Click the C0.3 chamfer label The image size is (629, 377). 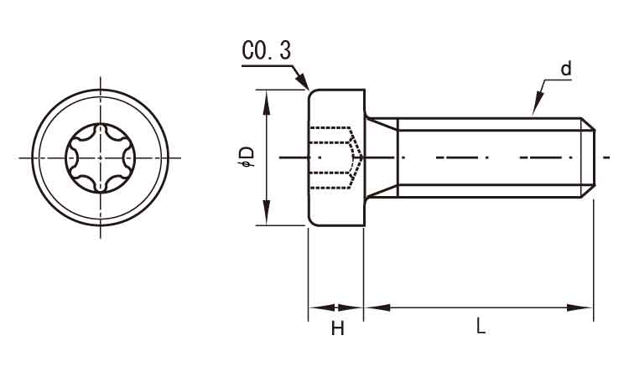[x=267, y=51]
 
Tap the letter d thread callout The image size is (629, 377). [x=565, y=69]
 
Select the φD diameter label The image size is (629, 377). [x=246, y=157]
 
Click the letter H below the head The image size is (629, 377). [x=338, y=329]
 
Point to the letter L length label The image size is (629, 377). [x=481, y=326]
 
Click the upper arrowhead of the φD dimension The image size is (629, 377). [x=266, y=101]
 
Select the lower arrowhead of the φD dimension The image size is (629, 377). [x=266, y=214]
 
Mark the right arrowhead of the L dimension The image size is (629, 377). [x=580, y=307]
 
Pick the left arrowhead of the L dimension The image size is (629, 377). [x=377, y=307]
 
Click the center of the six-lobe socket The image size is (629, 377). [x=101, y=158]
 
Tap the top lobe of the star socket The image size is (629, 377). [x=101, y=130]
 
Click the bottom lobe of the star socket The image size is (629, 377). [x=101, y=186]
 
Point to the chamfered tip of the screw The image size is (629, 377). [x=588, y=158]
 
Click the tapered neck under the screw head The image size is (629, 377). [x=381, y=158]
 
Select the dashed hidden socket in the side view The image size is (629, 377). [x=336, y=158]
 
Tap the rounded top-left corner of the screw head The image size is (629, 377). [x=311, y=93]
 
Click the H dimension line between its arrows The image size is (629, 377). [x=336, y=307]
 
